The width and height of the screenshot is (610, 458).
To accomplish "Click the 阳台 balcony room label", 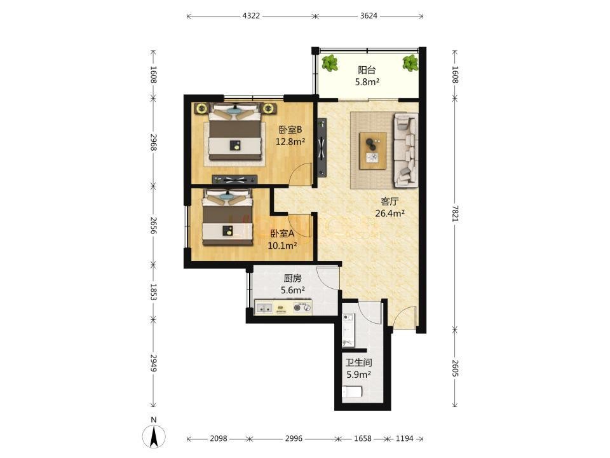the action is pos(367,70).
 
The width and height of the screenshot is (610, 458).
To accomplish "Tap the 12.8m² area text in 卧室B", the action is pos(290,142).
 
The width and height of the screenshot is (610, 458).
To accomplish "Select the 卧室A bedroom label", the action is pos(282,233).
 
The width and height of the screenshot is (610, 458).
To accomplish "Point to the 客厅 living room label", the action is pos(390,202).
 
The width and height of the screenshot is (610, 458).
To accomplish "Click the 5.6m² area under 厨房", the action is pos(292,290).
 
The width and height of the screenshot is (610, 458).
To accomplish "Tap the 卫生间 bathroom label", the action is pos(358,363).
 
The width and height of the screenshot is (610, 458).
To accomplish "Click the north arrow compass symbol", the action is pos(154,433).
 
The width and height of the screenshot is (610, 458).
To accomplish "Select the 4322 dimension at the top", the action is pos(251,16).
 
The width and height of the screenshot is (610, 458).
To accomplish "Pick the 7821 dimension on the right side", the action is pos(456,214).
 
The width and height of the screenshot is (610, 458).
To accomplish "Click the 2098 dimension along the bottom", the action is pos(218,438).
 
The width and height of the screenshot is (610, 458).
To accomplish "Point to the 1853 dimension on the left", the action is pos(153,292).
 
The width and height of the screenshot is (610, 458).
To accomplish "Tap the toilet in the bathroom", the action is pos(352,391).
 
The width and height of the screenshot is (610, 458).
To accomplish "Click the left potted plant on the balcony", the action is pos(330,63).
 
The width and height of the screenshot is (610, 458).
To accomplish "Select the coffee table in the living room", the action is pos(373,151).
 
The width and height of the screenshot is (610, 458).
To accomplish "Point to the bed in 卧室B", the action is pos(234,132).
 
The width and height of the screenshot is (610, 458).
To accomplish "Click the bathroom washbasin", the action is pos(348,319).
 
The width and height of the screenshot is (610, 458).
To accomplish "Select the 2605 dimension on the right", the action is pos(456,368).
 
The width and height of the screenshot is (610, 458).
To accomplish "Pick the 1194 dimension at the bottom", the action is pos(405,438).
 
